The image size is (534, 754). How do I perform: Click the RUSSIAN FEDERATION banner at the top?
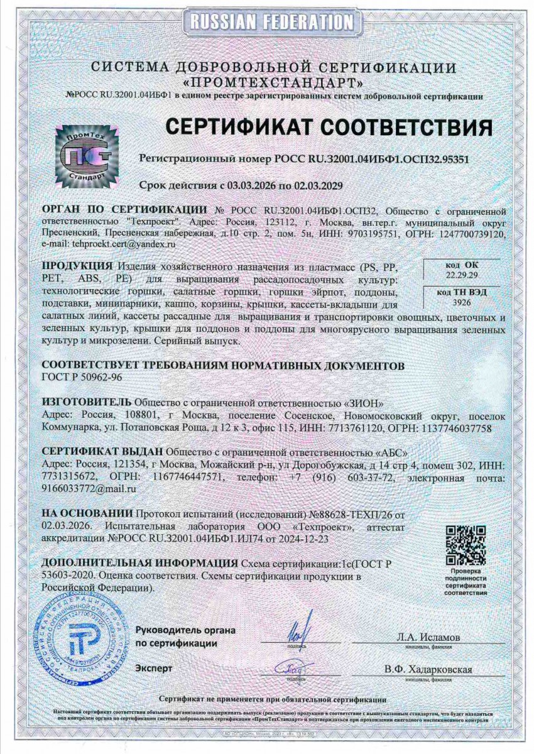tap(266, 23)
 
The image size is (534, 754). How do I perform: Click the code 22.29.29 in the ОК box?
tap(462, 275)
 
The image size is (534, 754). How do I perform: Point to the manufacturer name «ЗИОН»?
tap(365, 402)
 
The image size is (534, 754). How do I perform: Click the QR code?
tap(466, 545)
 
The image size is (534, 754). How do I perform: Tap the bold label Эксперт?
tap(153, 669)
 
